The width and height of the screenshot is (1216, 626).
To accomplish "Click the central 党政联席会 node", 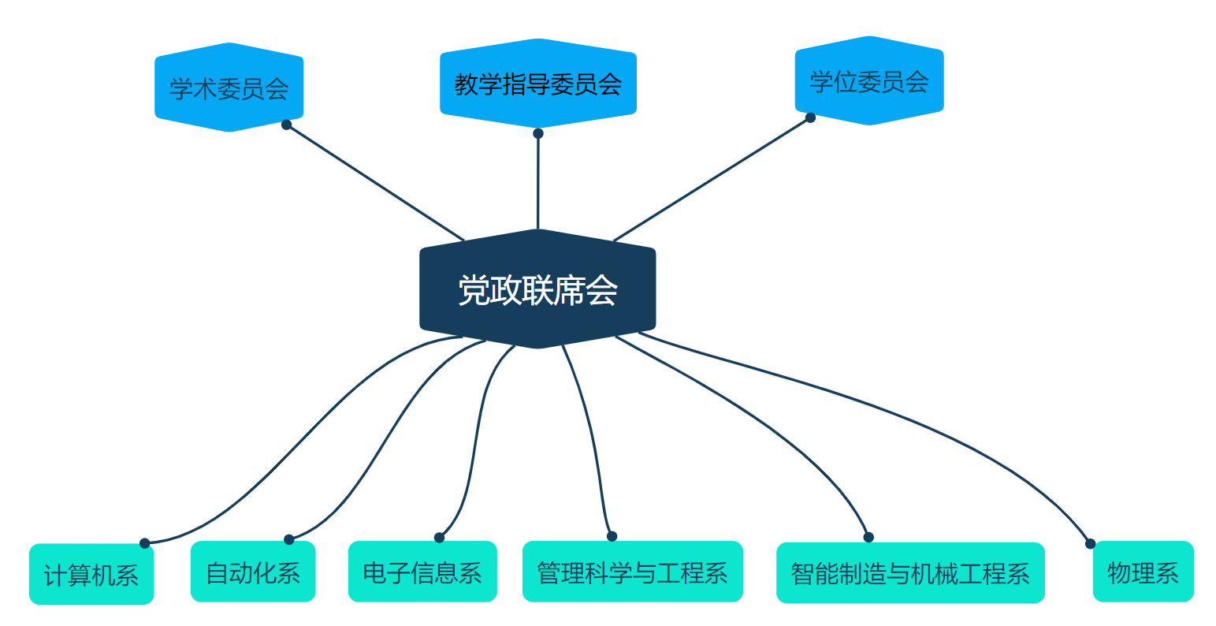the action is point(537,289).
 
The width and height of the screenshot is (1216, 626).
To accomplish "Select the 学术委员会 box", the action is point(229,87).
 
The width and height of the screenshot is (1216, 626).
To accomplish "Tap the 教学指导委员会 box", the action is point(538,83).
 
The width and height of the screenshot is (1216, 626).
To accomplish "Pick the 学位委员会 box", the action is point(869,80).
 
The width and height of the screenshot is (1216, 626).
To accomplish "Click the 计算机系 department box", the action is point(91,574).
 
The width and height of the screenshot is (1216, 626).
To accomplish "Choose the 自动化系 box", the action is point(253,571).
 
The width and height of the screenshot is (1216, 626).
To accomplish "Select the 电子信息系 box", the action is point(422,571).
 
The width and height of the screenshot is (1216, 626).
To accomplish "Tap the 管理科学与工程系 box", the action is point(632,571).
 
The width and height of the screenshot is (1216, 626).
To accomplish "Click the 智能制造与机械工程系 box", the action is point(910,572).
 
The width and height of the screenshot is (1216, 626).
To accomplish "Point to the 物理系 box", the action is point(1143,571).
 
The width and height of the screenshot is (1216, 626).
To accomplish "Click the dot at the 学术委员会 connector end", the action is point(287,125).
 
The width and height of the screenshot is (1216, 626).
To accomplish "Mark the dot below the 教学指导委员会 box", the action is point(538,133).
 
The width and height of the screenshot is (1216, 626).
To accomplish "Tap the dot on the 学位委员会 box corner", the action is point(810,117).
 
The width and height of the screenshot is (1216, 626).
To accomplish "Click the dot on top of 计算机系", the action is point(144,543).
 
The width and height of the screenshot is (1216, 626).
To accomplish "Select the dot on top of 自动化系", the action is point(288,540).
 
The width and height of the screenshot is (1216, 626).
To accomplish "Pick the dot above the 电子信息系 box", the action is point(439,538).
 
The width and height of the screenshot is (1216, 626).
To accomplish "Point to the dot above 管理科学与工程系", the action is point(612,536).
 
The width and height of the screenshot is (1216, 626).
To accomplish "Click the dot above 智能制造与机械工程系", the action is point(868,538).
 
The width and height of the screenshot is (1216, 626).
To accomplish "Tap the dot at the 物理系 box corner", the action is point(1090,543).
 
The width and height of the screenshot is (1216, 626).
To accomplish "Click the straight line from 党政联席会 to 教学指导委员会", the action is point(538,181).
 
